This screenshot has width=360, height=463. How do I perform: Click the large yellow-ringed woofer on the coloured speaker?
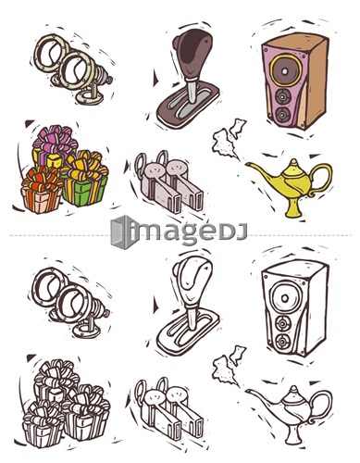coord(284,70)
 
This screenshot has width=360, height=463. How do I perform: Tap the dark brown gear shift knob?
coord(192,54)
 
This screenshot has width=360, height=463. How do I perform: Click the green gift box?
coord(85,191)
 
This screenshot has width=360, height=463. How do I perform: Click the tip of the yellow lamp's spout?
coord(247,164)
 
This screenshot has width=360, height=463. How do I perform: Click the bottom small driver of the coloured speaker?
coord(282,115)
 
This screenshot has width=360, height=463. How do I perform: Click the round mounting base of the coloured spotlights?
coord(89,98)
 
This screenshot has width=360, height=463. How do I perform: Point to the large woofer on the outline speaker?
coord(285,298)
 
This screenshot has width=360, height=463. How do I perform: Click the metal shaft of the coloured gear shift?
coord(192,90)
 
